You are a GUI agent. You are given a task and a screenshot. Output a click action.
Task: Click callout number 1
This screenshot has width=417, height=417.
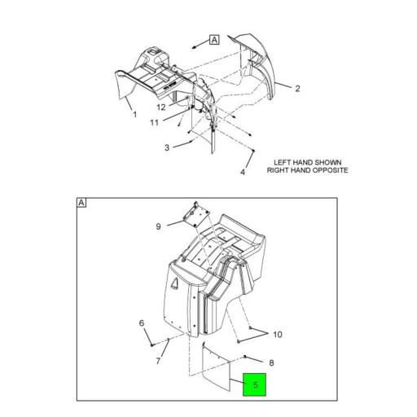(135, 115)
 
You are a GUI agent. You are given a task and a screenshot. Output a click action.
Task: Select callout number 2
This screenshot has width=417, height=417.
(297, 89)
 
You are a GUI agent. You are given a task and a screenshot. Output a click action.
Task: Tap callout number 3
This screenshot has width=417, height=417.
(167, 147)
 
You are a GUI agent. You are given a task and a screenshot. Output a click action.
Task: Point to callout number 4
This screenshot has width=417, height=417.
(243, 172)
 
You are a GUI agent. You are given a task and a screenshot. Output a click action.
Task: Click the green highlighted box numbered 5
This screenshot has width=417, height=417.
(254, 384)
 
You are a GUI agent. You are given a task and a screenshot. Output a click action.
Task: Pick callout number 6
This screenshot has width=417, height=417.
(142, 323)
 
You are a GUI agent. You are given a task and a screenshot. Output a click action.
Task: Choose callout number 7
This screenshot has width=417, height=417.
(158, 361)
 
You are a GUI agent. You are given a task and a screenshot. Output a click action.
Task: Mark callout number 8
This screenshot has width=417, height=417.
(271, 363)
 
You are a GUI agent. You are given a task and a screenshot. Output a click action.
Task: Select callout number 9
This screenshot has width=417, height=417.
(158, 226)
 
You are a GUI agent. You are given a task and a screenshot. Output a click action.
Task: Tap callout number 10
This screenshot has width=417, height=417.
(278, 335)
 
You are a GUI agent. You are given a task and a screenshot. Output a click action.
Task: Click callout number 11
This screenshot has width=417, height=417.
(154, 123)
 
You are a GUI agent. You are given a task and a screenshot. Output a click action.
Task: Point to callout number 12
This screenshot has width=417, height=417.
(161, 108)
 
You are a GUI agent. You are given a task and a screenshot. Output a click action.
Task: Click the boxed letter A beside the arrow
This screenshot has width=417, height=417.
(214, 40)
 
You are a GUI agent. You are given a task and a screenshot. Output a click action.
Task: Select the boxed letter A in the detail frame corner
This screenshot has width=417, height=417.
(81, 203)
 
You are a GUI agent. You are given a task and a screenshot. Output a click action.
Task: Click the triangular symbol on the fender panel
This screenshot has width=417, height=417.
(174, 283)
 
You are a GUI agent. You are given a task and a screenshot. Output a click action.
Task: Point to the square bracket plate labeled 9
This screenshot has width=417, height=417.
(196, 215)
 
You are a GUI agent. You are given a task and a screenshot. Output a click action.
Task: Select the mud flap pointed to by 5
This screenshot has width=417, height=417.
(217, 367)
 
